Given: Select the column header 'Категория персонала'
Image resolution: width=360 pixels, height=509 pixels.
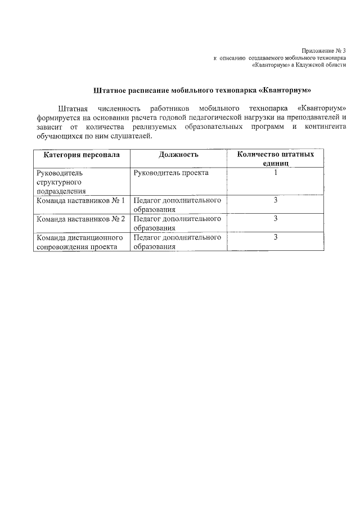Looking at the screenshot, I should (x=82, y=154).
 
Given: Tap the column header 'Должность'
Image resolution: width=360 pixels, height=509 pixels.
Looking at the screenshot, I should (x=178, y=154).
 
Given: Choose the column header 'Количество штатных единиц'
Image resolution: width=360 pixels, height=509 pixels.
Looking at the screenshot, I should (x=275, y=158).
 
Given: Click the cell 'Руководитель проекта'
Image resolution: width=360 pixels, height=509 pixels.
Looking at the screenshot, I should (x=171, y=173).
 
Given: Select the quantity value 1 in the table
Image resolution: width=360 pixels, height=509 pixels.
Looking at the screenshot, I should (x=276, y=173).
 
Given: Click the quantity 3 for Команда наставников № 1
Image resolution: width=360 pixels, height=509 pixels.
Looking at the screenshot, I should (x=276, y=200).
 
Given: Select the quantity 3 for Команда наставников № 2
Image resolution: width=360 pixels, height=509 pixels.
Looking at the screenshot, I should (x=276, y=219).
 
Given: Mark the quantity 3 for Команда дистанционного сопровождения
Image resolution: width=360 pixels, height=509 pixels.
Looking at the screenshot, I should (x=276, y=237).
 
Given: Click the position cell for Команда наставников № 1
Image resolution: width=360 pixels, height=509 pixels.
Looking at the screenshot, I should (x=177, y=204).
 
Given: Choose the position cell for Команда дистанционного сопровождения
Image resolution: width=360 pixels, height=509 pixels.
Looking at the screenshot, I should (x=177, y=242).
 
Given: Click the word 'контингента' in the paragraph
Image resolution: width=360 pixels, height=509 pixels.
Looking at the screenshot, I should (x=325, y=127).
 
